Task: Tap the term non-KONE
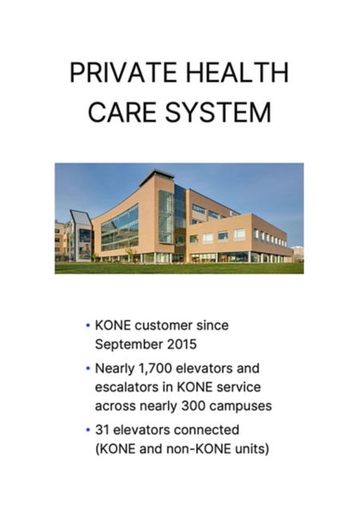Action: point(199,449)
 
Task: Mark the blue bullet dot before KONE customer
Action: point(88,327)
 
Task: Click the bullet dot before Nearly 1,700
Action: point(88,370)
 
